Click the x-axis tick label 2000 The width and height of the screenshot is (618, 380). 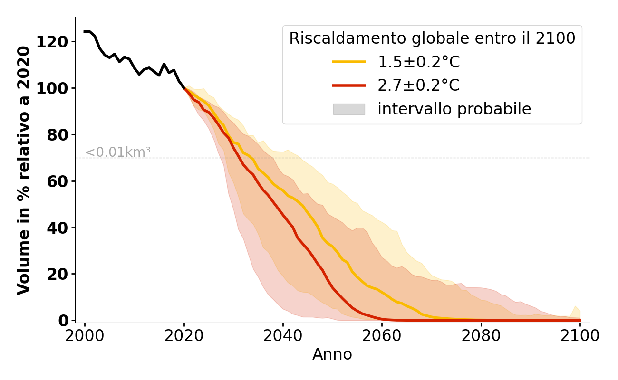pyautogui.click(x=85, y=336)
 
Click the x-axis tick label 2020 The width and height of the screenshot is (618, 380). pyautogui.click(x=184, y=336)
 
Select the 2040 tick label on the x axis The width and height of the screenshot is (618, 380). pyautogui.click(x=283, y=336)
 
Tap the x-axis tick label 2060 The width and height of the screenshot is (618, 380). pyautogui.click(x=382, y=336)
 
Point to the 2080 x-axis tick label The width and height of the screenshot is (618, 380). pyautogui.click(x=481, y=336)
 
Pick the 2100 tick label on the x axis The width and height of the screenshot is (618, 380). pyautogui.click(x=580, y=336)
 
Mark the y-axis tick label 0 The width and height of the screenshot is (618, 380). pyautogui.click(x=63, y=321)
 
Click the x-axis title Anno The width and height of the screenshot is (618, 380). pyautogui.click(x=332, y=354)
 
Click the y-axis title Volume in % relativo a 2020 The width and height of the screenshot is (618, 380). pyautogui.click(x=24, y=170)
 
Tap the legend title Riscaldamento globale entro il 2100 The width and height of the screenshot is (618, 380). pyautogui.click(x=432, y=38)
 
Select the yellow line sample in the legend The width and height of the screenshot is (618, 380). pyautogui.click(x=349, y=62)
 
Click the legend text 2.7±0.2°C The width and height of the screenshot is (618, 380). pyautogui.click(x=418, y=85)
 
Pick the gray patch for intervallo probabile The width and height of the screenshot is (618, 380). pyautogui.click(x=349, y=109)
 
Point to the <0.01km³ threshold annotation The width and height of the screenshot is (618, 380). pyautogui.click(x=118, y=152)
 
